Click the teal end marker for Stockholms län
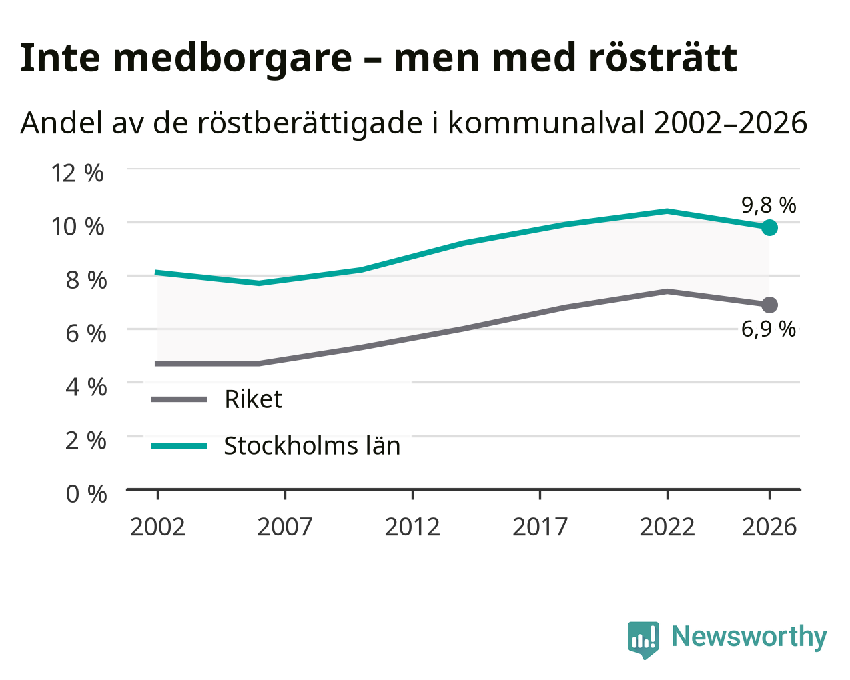point(769,227)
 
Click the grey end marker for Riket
point(769,305)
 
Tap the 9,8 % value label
point(769,205)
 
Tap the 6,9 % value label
point(769,329)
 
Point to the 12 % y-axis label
point(77,173)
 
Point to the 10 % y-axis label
point(77,227)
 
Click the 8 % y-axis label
point(86,280)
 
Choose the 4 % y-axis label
point(86,387)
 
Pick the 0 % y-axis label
point(86,494)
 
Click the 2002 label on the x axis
point(157,527)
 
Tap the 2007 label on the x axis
point(285,527)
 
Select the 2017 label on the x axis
point(540,527)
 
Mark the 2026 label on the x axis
point(769,527)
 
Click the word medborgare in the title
point(232,59)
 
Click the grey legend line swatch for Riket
point(179,399)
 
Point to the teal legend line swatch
point(179,446)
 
